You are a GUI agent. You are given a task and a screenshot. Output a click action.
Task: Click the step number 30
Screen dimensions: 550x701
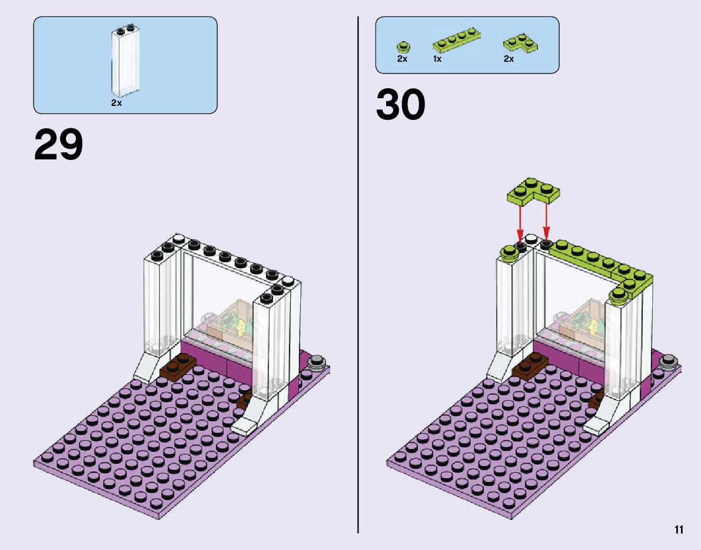pyautogui.click(x=400, y=105)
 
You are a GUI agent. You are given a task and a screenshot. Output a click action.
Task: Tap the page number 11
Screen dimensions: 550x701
pyautogui.click(x=679, y=530)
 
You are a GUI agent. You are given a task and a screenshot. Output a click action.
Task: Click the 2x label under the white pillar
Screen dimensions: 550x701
pyautogui.click(x=116, y=103)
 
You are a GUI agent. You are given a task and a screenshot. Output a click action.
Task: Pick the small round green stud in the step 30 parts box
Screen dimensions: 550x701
pyautogui.click(x=403, y=46)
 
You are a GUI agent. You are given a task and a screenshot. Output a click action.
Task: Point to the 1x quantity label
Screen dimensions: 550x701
pyautogui.click(x=437, y=59)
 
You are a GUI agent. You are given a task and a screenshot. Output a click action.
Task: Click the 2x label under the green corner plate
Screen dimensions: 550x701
pyautogui.click(x=509, y=59)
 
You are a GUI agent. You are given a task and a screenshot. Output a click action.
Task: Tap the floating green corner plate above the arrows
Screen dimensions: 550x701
pyautogui.click(x=533, y=192)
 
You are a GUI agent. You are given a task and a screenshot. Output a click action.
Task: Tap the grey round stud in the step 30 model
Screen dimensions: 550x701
pyautogui.click(x=669, y=361)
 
